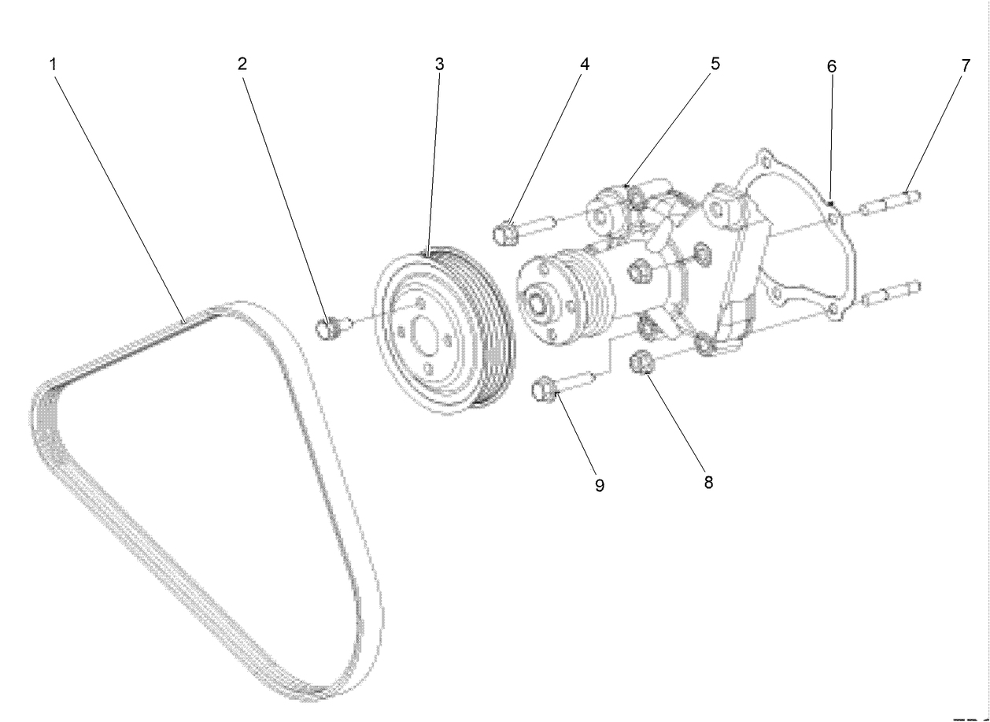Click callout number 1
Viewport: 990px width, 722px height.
(x=53, y=65)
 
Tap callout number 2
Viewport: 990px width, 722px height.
(x=243, y=65)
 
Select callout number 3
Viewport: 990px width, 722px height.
(x=439, y=65)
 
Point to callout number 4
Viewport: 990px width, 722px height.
(x=584, y=65)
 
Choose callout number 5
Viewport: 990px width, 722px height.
(x=715, y=63)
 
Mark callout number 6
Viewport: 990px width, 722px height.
(x=831, y=67)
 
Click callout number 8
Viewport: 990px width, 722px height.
(x=708, y=483)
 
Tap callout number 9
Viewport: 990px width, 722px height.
(x=600, y=486)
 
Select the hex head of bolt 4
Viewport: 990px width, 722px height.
(x=504, y=232)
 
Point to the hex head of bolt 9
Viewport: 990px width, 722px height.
(x=544, y=389)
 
